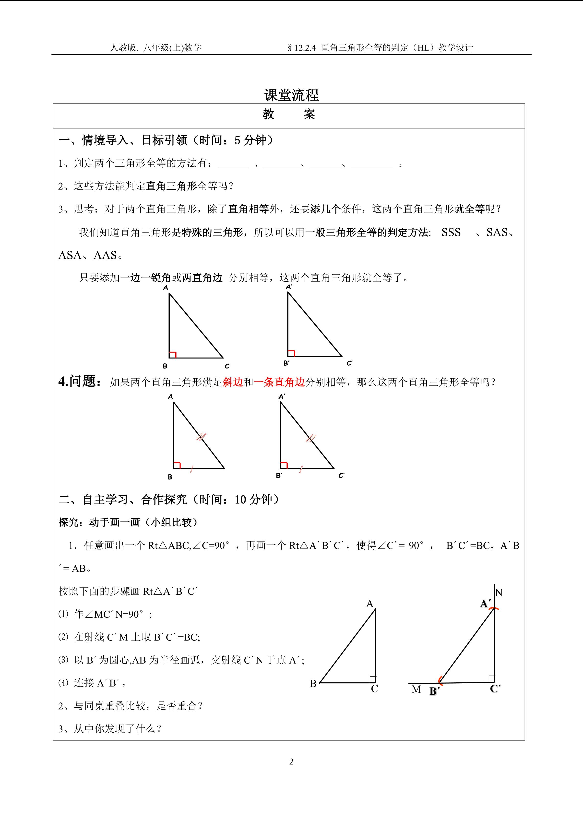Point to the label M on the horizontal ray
416,690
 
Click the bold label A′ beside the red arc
486,604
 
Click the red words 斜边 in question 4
233,382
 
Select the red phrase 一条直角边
279,382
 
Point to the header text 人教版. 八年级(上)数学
155,48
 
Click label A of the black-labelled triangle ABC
370,604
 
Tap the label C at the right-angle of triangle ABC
374,689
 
